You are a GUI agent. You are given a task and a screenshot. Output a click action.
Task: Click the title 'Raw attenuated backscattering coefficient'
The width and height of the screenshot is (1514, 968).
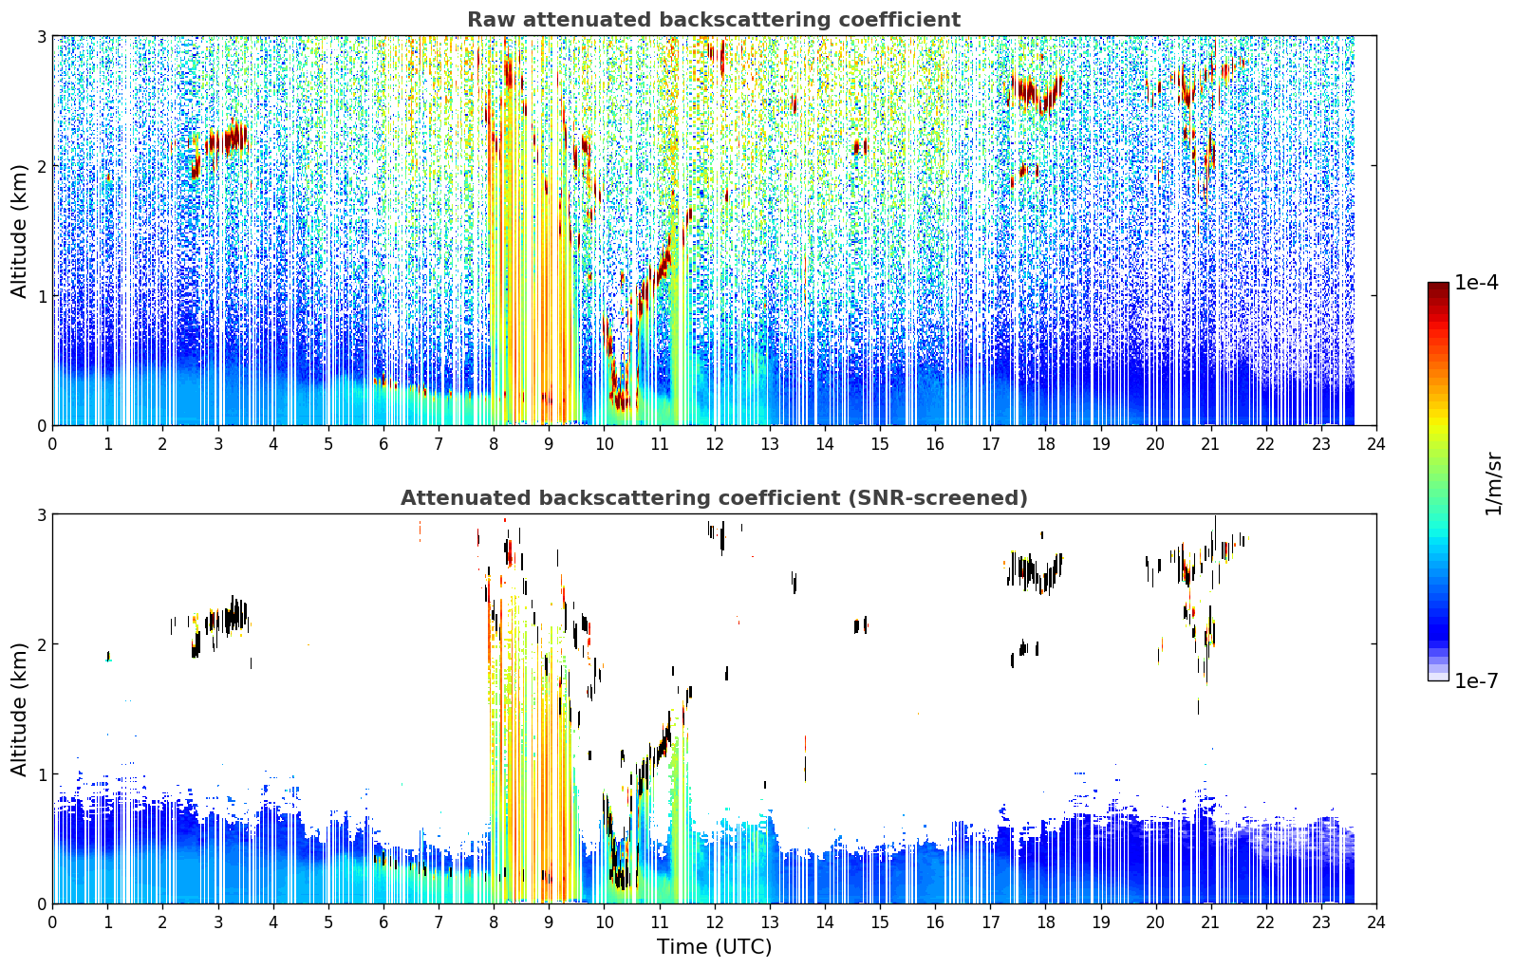(714, 20)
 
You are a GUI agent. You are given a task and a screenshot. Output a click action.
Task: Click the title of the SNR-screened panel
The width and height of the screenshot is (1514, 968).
(714, 497)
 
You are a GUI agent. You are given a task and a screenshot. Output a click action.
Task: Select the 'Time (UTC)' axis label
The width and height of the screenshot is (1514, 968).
(714, 946)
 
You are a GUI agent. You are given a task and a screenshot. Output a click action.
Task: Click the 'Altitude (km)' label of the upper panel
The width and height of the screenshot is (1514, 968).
(19, 232)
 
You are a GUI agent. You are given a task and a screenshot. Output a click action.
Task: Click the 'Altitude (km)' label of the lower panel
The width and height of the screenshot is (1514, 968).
(19, 709)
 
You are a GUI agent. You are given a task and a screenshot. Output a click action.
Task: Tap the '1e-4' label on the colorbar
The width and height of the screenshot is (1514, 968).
(1476, 283)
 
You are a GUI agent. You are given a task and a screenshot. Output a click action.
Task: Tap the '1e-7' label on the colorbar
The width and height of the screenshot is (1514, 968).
(1476, 680)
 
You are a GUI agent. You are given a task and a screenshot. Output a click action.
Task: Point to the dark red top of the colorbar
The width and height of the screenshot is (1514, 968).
(1438, 287)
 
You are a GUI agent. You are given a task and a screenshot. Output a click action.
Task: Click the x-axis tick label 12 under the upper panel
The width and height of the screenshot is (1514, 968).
(715, 444)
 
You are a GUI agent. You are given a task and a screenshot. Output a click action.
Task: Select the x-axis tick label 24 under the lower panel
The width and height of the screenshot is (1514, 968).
(1376, 922)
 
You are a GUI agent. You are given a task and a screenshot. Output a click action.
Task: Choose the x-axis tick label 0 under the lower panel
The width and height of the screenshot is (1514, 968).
(53, 922)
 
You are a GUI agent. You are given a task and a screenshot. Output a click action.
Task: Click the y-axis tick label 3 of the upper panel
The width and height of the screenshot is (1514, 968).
(41, 36)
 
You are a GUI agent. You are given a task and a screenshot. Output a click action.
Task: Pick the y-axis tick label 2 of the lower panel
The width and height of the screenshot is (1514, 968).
(41, 644)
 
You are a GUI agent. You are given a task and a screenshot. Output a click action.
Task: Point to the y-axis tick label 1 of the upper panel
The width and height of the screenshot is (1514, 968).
(41, 295)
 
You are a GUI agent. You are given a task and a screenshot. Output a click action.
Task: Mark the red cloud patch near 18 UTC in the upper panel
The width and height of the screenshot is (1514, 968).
(1034, 93)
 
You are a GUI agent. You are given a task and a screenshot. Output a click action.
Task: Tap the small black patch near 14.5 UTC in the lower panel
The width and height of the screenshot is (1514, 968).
(860, 625)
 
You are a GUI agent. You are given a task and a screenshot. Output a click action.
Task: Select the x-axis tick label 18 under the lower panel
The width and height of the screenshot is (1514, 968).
(1046, 922)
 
